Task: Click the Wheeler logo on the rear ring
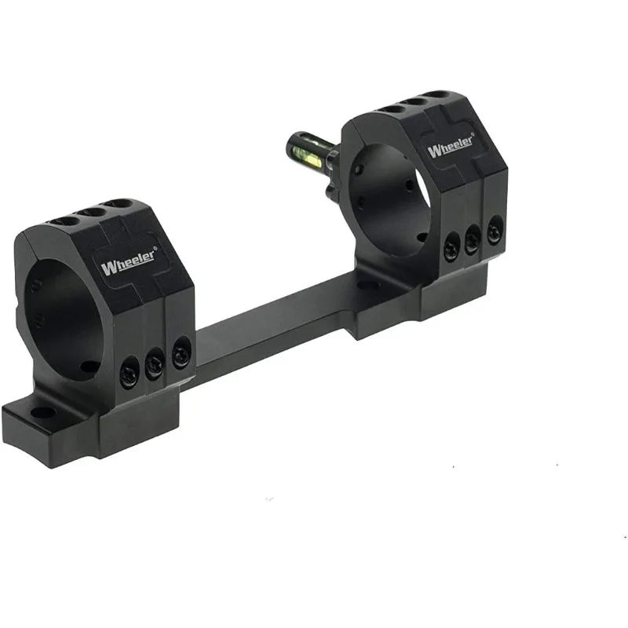tap(451, 145)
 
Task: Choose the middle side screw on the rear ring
tap(473, 239)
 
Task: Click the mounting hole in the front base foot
tap(41, 411)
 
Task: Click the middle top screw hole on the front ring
tap(94, 213)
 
